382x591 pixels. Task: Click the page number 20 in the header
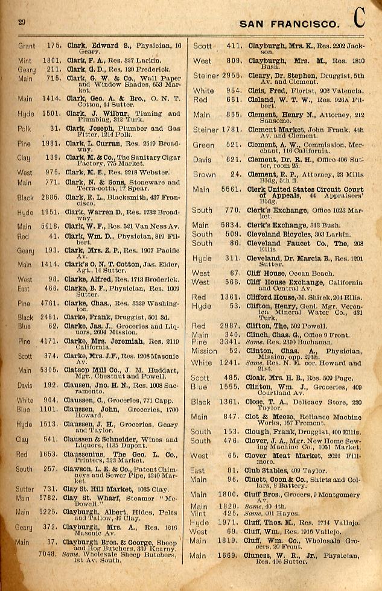(21, 22)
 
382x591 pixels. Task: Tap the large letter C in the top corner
(360, 19)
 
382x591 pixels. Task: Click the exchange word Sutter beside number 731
(25, 489)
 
